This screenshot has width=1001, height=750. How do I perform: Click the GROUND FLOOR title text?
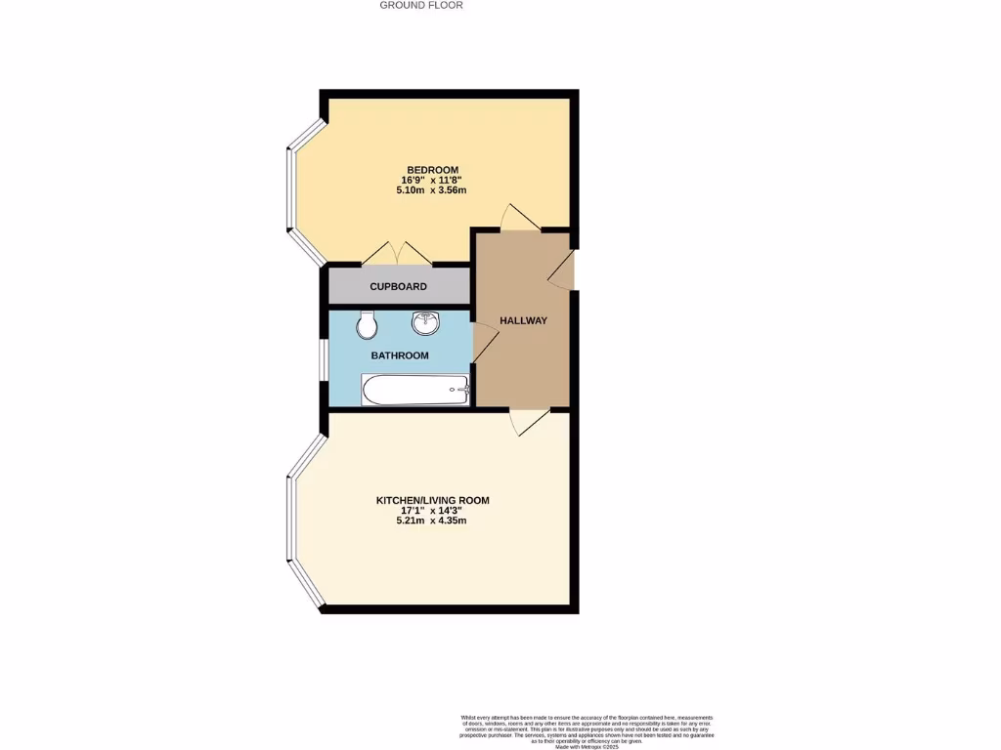421,5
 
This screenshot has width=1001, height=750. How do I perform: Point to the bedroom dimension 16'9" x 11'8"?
433,180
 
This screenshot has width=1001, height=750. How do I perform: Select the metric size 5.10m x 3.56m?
432,190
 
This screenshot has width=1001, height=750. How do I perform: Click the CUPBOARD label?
398,287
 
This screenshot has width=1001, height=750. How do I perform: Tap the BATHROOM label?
400,355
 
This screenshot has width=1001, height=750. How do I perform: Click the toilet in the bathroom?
367,323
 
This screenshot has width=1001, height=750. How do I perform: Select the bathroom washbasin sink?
426,320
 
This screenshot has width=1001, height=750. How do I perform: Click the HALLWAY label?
523,320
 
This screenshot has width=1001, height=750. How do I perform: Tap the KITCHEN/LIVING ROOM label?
432,500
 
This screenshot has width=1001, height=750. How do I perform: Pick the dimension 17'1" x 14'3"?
432,511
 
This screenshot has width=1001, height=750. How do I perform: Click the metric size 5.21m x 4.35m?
432,521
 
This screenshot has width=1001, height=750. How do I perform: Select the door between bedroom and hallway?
514,218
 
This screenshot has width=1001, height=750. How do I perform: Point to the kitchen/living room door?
528,421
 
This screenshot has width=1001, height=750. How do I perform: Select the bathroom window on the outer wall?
323,357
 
